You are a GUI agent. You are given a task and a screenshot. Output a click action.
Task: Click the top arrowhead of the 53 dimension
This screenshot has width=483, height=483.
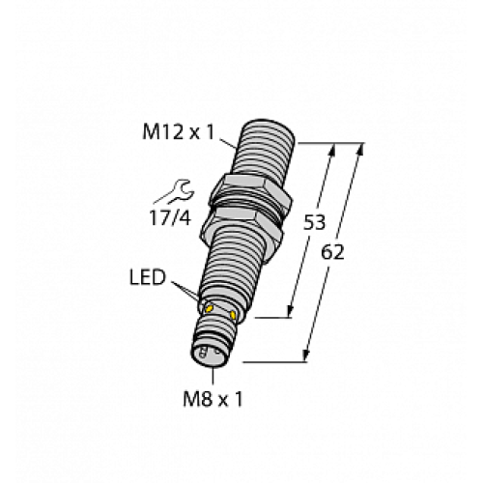coord(334,148)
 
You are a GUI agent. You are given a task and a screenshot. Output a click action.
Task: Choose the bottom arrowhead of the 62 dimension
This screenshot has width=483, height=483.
coord(306,360)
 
